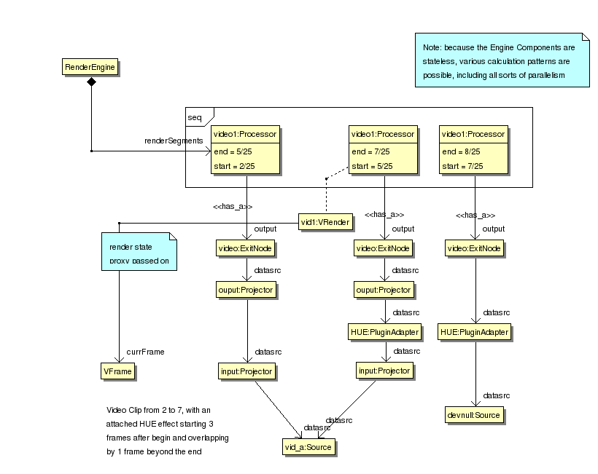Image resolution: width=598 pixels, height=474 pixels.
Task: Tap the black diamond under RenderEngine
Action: tap(91, 82)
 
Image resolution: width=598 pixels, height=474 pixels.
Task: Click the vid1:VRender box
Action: tap(326, 221)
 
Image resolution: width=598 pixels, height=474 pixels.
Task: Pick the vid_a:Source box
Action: tap(308, 446)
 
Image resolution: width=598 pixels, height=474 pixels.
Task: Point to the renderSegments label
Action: tap(174, 140)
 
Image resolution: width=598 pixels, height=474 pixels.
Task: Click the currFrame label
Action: tap(146, 352)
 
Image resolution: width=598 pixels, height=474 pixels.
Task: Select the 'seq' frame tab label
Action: tap(195, 117)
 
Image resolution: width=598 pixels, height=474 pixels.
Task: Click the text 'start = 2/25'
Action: tap(233, 166)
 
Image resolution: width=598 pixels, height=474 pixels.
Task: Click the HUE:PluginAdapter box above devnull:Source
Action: tap(475, 332)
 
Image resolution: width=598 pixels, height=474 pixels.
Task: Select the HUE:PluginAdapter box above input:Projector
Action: tap(384, 332)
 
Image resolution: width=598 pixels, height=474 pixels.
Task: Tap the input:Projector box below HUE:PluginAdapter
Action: tap(384, 371)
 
